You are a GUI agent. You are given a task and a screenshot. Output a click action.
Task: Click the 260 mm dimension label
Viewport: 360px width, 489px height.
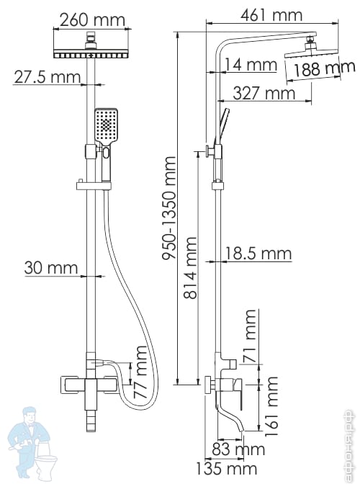(92, 20)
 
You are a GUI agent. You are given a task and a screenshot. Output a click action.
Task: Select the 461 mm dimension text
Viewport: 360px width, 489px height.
(271, 15)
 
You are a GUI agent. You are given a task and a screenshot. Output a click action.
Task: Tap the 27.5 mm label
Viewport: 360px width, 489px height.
(47, 77)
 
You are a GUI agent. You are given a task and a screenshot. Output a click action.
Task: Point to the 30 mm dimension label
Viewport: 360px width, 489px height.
(51, 268)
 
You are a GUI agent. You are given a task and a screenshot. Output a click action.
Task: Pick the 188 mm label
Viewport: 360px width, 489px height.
(325, 68)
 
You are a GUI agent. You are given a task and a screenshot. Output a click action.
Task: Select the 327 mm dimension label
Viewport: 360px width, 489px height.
(264, 93)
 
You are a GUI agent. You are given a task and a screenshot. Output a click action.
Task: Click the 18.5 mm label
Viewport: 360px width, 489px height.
(258, 254)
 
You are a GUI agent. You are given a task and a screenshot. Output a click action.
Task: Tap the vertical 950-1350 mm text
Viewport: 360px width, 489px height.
(169, 208)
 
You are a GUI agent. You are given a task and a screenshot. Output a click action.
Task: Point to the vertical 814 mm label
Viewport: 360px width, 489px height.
(190, 268)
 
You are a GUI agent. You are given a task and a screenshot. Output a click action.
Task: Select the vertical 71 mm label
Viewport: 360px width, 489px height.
(251, 336)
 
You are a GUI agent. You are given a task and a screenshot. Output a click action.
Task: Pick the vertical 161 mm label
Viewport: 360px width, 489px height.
(271, 407)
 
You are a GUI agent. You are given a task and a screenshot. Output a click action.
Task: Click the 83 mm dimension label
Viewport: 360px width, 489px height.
(238, 449)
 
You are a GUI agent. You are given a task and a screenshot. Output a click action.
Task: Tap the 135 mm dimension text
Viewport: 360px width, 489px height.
(226, 469)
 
